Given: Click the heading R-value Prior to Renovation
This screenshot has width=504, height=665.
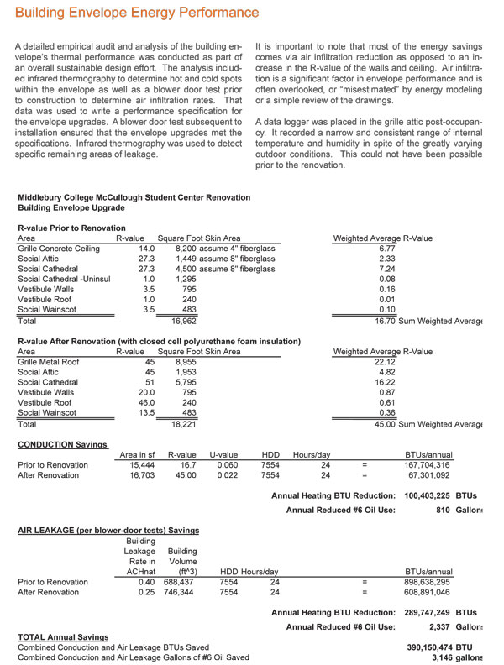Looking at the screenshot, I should pyautogui.click(x=71, y=228).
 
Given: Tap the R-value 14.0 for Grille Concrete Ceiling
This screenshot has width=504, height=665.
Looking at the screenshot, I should pyautogui.click(x=146, y=249).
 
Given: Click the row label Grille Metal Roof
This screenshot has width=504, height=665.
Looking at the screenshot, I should pyautogui.click(x=49, y=362).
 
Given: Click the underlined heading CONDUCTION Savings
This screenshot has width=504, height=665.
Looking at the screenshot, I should pyautogui.click(x=62, y=444).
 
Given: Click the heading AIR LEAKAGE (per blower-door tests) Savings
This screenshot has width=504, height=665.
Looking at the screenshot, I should pyautogui.click(x=108, y=531).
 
